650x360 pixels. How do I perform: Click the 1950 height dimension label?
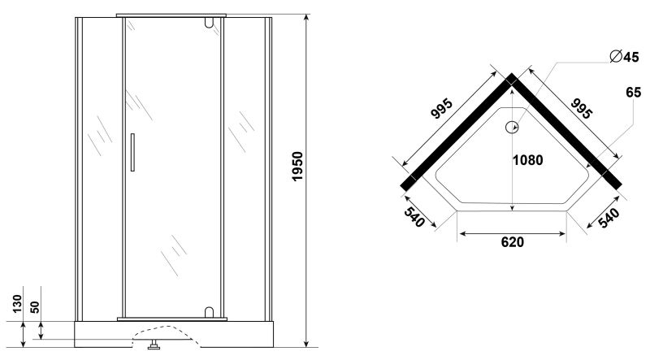click(x=297, y=167)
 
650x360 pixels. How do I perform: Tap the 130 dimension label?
click(x=17, y=304)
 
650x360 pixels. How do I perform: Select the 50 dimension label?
click(x=35, y=307)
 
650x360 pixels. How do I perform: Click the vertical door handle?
click(x=132, y=152)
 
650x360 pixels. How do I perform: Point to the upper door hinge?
click(x=209, y=24)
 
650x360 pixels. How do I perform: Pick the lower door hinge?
click(x=209, y=312)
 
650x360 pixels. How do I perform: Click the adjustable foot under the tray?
click(x=154, y=344)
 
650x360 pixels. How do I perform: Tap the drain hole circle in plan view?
click(x=513, y=128)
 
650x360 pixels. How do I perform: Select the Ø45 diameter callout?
click(x=624, y=56)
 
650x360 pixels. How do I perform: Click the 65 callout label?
click(x=634, y=92)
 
